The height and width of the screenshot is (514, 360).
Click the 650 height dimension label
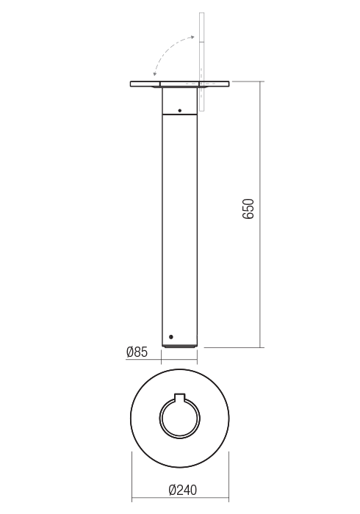[x=248, y=211]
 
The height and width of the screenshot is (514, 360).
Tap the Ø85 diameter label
[x=137, y=352]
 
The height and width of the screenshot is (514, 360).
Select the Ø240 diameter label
[x=184, y=490]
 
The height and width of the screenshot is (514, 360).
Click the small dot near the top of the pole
[x=179, y=111]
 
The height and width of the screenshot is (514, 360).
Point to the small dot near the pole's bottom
[x=171, y=336]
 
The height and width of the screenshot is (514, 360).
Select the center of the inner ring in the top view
[x=179, y=419]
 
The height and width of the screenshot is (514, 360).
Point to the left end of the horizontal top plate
[x=133, y=83]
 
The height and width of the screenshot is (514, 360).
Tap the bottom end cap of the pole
[x=179, y=344]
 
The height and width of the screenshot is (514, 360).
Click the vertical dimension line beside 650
[x=261, y=213]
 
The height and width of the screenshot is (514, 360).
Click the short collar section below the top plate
[x=179, y=101]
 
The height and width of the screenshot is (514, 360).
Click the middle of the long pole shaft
[x=179, y=228]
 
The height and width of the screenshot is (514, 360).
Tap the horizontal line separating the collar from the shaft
[x=179, y=115]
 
